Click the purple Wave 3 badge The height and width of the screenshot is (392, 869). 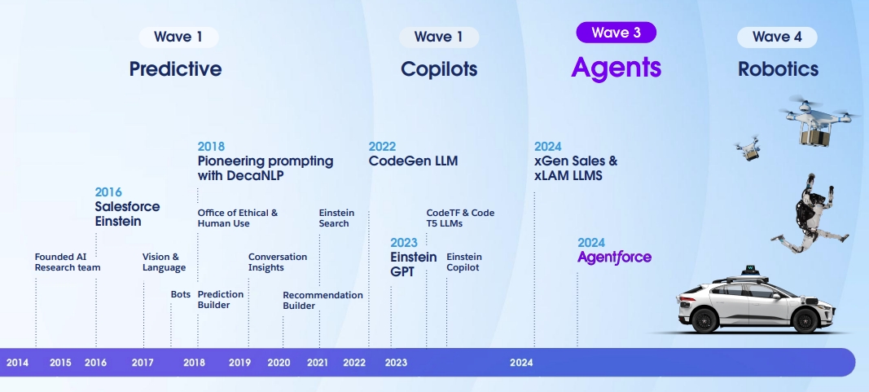click(x=617, y=33)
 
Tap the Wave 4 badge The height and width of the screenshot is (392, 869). click(x=777, y=37)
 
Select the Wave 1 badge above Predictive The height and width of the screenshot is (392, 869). click(x=178, y=37)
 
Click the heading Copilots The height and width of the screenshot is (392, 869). click(x=439, y=69)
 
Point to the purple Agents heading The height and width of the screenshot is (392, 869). click(x=617, y=68)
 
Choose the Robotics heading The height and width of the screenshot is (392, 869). click(x=778, y=69)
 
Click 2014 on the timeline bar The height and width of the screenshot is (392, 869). click(x=17, y=363)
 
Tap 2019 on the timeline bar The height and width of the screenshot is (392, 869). click(x=239, y=363)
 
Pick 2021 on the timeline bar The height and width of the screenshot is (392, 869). click(x=318, y=363)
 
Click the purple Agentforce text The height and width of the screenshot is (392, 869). click(x=615, y=258)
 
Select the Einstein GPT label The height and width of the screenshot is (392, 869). click(x=414, y=265)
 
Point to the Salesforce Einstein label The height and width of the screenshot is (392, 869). click(x=127, y=214)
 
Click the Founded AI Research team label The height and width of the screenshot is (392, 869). click(x=68, y=262)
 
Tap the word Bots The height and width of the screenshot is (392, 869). click(x=181, y=294)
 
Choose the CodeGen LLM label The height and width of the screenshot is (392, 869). click(x=414, y=161)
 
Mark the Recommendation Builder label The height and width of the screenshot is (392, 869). click(x=323, y=300)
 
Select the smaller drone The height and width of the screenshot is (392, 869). click(x=748, y=148)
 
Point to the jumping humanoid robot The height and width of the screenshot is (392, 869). click(x=810, y=214)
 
